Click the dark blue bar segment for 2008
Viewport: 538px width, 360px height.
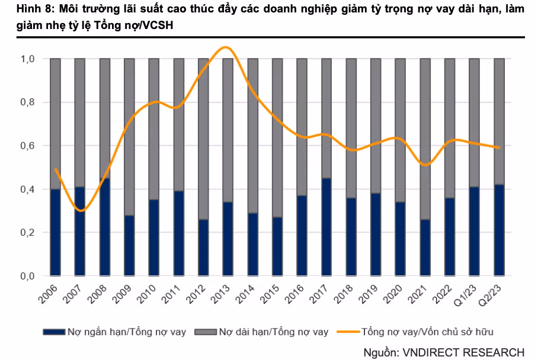click(105, 227)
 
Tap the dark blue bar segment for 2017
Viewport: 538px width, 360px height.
click(326, 227)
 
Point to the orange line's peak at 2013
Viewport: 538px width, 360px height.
click(226, 47)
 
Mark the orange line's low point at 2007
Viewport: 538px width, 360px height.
click(81, 210)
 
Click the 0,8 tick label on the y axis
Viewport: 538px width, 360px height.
click(28, 102)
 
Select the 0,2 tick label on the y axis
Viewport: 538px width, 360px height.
click(28, 233)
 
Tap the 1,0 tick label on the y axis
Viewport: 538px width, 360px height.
click(28, 59)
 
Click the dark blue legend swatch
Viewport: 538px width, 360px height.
click(54, 332)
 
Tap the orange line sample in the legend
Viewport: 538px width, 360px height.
click(347, 332)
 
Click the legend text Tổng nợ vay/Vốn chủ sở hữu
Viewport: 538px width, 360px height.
click(427, 332)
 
